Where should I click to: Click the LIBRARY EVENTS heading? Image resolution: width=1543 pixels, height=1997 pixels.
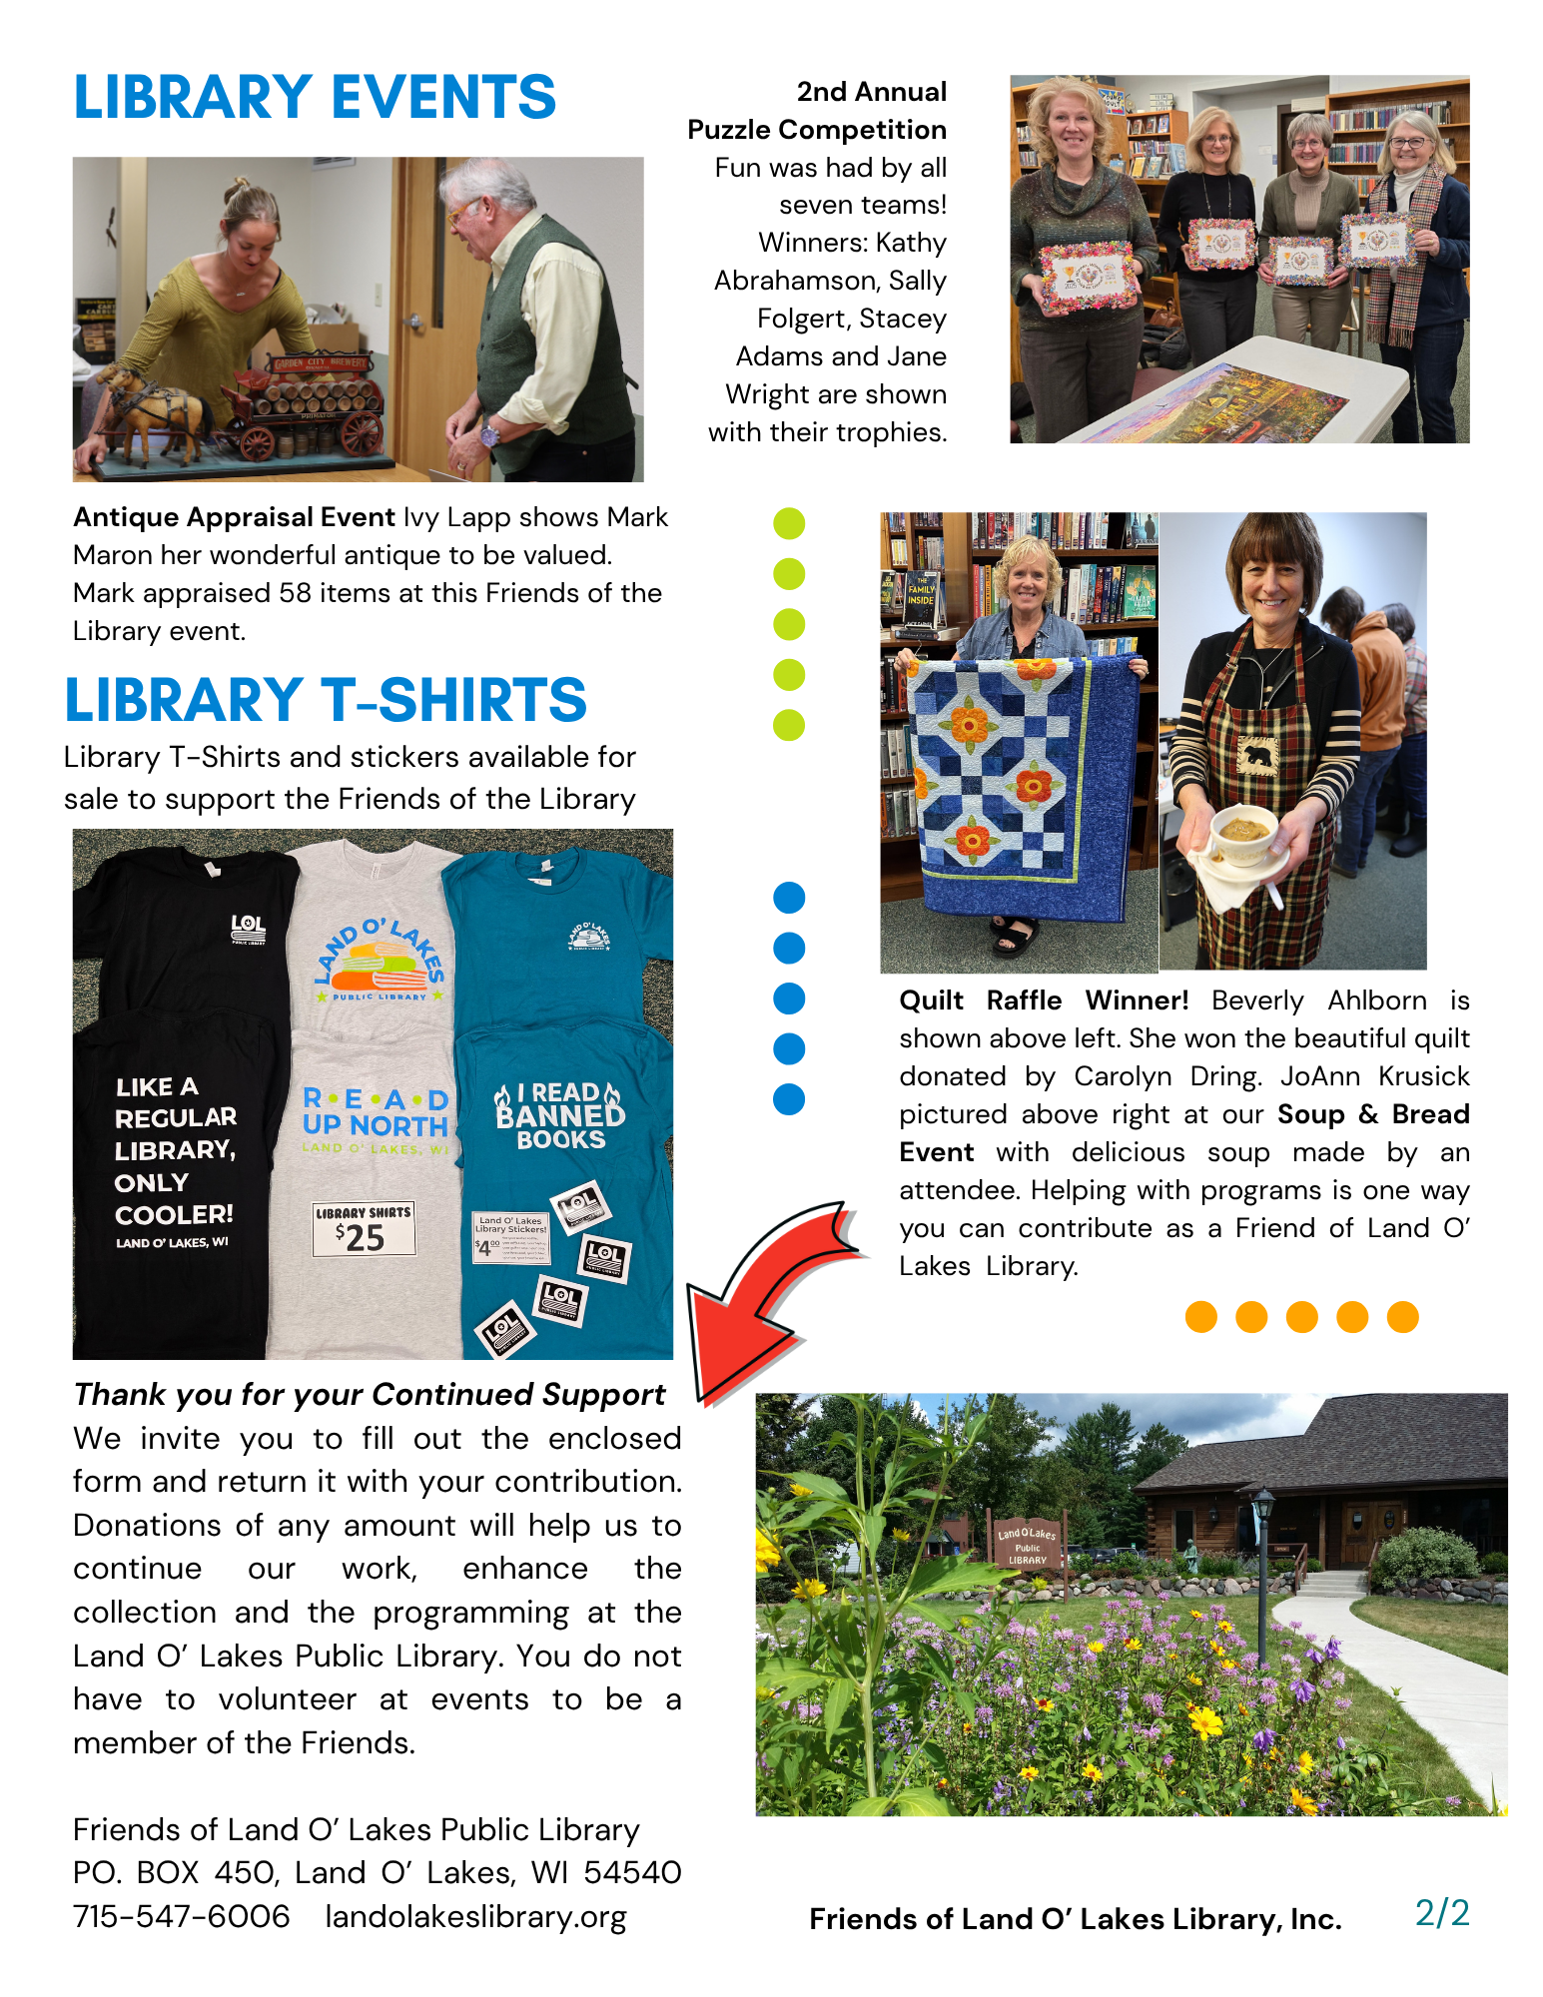point(315,98)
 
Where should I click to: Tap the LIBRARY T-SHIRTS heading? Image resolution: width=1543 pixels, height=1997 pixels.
point(326,700)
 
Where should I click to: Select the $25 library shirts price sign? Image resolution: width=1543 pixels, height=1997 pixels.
point(363,1229)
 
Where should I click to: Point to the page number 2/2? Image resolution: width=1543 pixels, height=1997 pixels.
point(1441,1913)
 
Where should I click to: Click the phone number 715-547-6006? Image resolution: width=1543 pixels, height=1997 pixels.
point(181,1916)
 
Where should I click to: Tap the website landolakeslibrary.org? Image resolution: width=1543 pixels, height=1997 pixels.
point(475,1916)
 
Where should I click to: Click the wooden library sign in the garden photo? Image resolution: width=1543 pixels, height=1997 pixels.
point(1027,1546)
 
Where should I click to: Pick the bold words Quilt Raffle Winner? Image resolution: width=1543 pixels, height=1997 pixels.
point(1043,1000)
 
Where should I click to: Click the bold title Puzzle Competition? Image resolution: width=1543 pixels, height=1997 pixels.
point(817,130)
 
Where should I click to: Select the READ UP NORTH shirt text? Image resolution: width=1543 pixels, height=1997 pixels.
point(376,1113)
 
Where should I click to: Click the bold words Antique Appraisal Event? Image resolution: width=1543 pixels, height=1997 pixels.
point(234,517)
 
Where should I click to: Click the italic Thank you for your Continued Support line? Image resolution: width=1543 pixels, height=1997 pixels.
point(370,1394)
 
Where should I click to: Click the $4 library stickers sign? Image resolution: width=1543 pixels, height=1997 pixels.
point(510,1237)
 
